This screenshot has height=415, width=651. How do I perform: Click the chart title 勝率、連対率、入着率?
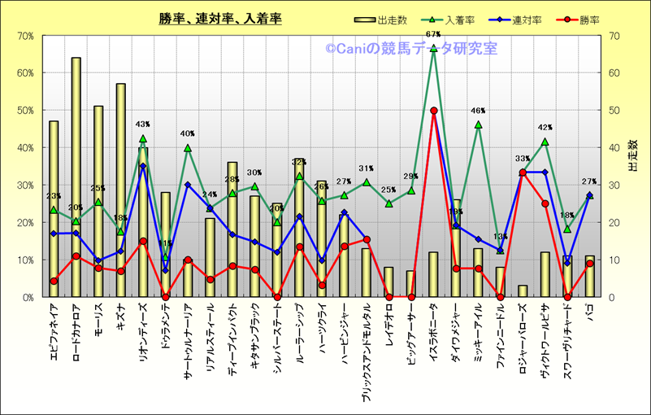pos(220,19)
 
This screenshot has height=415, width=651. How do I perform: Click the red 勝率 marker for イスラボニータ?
pos(434,111)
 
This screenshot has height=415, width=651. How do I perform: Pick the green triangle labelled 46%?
pos(478,125)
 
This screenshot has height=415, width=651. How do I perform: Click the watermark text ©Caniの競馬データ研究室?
pos(412,49)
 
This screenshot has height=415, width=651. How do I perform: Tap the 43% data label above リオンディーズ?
pos(143,124)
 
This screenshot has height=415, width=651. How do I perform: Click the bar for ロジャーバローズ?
pos(523,291)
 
